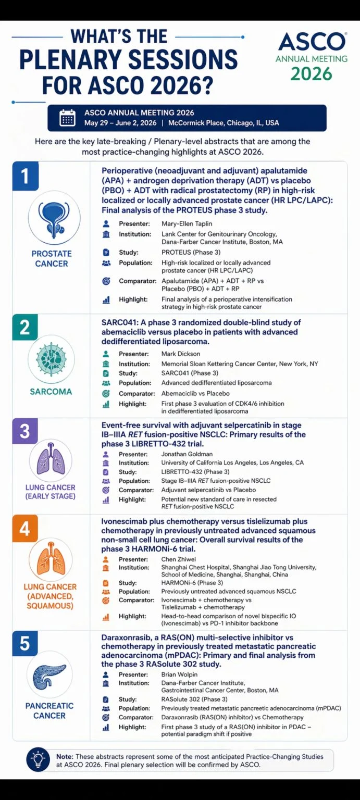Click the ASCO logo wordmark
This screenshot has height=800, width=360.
[x=312, y=42]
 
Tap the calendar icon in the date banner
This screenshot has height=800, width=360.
[x=67, y=118]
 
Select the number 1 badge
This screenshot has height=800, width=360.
[x=24, y=176]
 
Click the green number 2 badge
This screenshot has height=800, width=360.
[x=24, y=328]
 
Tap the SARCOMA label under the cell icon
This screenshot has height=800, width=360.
[x=51, y=392]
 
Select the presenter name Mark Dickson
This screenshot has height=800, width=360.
[x=180, y=354]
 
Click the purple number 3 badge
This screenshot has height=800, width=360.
[x=24, y=431]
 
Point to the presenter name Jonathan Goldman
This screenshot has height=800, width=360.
[x=187, y=454]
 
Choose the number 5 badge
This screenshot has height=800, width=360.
[x=24, y=643]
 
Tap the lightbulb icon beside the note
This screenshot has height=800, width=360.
[x=38, y=759]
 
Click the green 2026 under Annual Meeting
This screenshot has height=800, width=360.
[x=311, y=74]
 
